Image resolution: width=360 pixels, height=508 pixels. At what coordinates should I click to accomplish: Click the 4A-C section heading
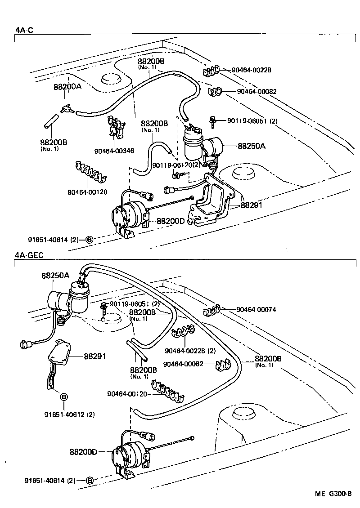point(24,30)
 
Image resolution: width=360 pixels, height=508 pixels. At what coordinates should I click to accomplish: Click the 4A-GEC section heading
point(29,255)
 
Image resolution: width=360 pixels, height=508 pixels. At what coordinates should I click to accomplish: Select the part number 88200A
point(67,87)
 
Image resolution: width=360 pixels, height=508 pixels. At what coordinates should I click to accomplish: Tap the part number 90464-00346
point(114,151)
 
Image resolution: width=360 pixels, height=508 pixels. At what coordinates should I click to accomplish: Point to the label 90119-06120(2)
point(176,165)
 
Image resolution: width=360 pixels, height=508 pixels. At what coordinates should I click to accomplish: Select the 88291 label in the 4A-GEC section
point(94,356)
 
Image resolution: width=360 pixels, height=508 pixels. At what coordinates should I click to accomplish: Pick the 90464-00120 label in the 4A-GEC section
point(128,394)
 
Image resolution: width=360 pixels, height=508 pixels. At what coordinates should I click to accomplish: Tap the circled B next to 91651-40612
point(64,397)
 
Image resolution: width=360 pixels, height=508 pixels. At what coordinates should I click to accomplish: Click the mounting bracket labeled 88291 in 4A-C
point(211,205)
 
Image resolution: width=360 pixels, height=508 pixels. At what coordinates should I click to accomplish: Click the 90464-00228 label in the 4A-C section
point(252,70)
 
